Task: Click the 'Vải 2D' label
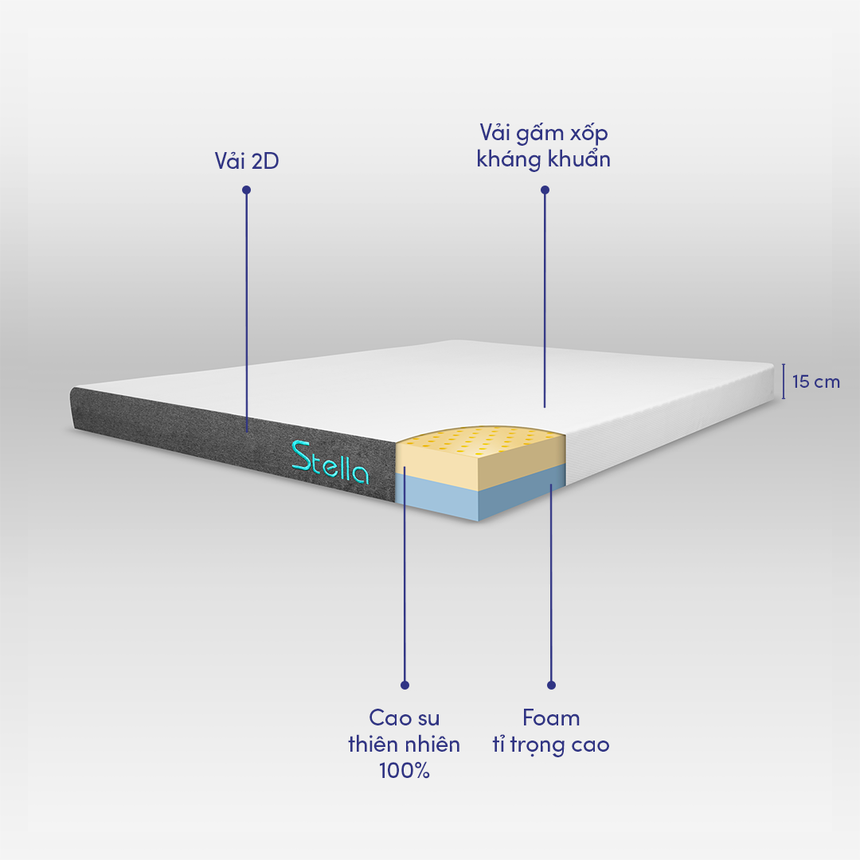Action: coord(247,161)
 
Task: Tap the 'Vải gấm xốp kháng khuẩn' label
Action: coord(544,146)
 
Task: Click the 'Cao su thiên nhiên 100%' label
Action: coord(405,745)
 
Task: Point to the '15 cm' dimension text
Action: coord(816,381)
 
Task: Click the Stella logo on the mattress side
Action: coord(330,463)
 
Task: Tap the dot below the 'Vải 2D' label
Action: coord(246,190)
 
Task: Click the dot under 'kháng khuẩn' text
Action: coord(545,190)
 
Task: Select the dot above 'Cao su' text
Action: coord(405,685)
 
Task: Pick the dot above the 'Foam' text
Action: coord(551,685)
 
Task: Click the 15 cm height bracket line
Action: coord(784,381)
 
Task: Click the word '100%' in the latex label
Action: coord(405,771)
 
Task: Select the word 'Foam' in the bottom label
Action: coord(551,718)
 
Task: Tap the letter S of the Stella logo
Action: coord(300,456)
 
